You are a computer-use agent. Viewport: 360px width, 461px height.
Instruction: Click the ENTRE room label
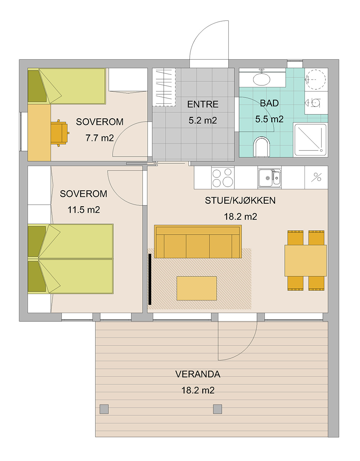[x=203, y=104]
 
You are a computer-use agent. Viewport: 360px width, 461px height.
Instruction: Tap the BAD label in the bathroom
[x=269, y=103]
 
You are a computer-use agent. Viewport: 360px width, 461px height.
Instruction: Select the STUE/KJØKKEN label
[x=240, y=200]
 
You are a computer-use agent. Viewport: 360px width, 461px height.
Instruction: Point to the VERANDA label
[x=198, y=374]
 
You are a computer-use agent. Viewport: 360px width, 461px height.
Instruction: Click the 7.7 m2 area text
[x=100, y=138]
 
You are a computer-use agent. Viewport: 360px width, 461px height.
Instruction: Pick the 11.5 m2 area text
[x=84, y=210]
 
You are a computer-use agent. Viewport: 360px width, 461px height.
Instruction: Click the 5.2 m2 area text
[x=203, y=121]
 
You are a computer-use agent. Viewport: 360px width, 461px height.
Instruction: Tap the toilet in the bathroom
[x=262, y=147]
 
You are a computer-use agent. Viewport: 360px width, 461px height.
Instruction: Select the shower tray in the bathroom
[x=311, y=140]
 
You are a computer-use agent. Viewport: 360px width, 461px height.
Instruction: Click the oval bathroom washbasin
[x=262, y=79]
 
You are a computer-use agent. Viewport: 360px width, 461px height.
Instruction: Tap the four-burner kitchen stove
[x=223, y=177]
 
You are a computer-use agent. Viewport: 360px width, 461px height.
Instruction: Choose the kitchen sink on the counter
[x=269, y=178]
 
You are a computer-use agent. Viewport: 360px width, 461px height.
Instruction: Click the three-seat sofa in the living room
[x=198, y=241]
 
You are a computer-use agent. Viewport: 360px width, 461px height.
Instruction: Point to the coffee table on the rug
[x=197, y=288]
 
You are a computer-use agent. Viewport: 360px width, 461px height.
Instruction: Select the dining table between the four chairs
[x=306, y=261]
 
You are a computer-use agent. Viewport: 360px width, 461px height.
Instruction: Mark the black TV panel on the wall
[x=150, y=279]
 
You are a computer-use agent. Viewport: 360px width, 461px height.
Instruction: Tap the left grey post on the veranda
[x=104, y=409]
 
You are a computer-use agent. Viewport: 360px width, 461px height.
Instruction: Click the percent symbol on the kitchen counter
[x=316, y=177]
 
